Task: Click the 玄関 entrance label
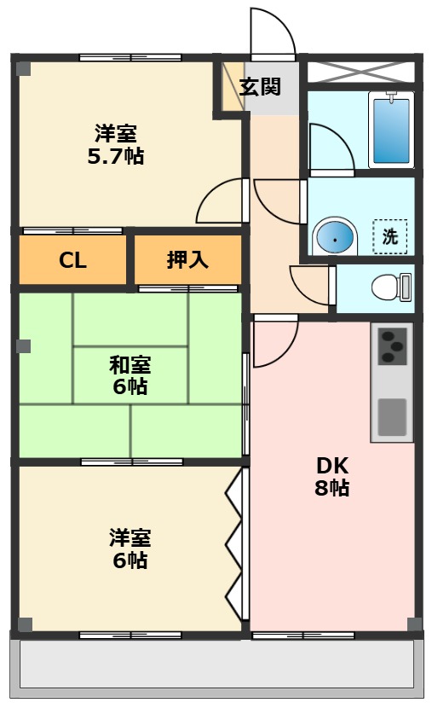[x=260, y=87]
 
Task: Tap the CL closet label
[x=72, y=260]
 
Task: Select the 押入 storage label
[x=187, y=260]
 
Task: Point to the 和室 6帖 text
[x=130, y=375]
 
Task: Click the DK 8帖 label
[x=332, y=477]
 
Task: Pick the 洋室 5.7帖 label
[x=117, y=144]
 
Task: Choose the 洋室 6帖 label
[x=130, y=549]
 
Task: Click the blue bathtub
[x=391, y=131]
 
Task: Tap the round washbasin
[x=335, y=237]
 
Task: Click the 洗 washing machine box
[x=389, y=237]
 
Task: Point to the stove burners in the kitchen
[x=392, y=346]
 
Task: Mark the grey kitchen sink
[x=392, y=415]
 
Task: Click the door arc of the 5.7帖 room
[x=220, y=201]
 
